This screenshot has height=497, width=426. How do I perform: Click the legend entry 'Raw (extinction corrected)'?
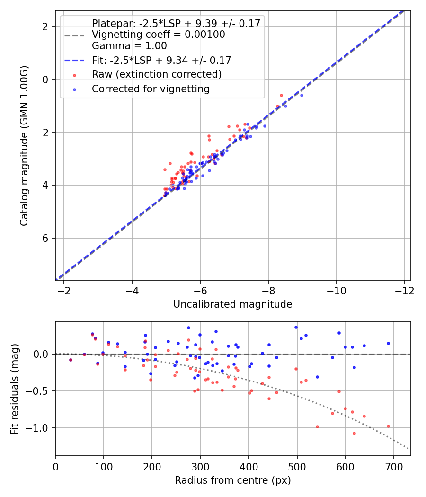coord(156,74)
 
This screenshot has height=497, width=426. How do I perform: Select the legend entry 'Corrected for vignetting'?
coord(151,89)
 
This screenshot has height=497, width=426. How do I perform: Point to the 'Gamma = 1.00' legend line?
coord(129,46)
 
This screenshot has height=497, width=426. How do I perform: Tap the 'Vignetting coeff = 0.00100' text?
coord(158,35)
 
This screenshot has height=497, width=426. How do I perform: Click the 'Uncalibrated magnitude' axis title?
coord(232,304)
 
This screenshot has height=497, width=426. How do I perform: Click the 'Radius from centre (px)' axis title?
coord(232,480)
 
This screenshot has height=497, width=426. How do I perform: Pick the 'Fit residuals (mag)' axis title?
coord(15,389)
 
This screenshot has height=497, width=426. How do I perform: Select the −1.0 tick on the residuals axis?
coord(40,428)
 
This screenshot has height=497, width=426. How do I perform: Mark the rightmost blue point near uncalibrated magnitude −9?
coord(302,95)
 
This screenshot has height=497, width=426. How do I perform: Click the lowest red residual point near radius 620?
coord(354,433)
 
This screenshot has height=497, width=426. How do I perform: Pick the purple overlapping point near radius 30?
coord(71,360)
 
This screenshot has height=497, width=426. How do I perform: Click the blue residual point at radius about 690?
coord(388,343)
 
